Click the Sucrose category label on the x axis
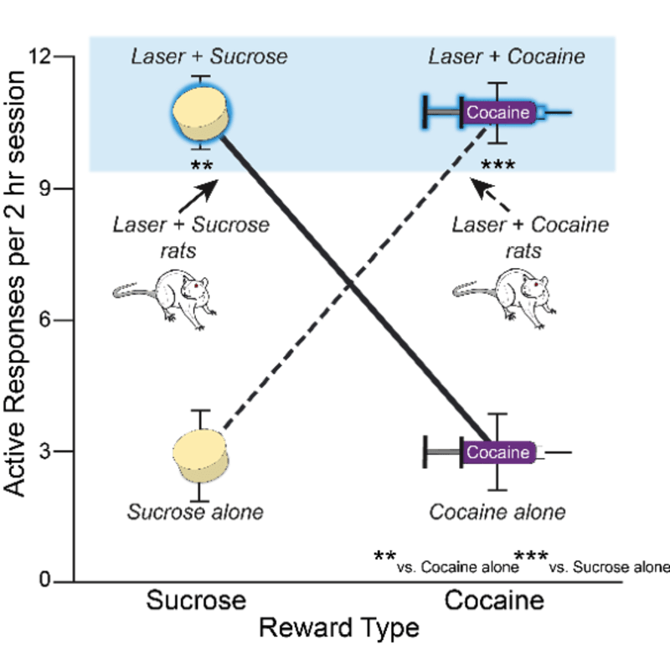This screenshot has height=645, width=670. (x=196, y=601)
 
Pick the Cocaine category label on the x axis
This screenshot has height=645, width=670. (x=494, y=601)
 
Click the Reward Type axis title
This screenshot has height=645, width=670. (x=338, y=627)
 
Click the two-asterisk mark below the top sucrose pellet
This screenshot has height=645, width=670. (x=202, y=165)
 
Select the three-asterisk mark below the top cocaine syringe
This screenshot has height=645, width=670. (x=498, y=165)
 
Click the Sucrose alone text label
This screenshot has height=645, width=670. (x=195, y=511)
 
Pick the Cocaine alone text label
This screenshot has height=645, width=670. (x=497, y=511)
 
